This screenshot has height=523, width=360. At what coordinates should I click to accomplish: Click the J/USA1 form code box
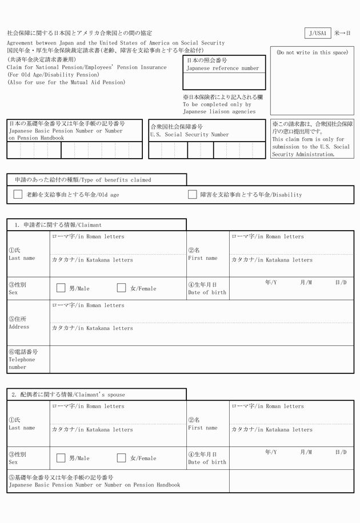(318, 33)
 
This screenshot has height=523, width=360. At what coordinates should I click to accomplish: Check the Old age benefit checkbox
(18, 194)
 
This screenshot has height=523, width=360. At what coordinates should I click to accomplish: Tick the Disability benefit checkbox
(193, 194)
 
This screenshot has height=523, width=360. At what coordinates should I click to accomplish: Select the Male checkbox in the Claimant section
(61, 288)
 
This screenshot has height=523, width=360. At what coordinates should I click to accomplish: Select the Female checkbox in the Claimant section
(121, 288)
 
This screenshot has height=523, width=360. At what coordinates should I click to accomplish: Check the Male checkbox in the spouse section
(61, 457)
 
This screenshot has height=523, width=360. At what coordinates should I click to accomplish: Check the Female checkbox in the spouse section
(121, 457)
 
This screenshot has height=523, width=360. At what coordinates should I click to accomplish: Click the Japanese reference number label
(223, 69)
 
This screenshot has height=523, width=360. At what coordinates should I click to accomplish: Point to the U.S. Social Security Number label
(189, 135)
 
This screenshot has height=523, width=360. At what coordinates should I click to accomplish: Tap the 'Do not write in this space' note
(312, 53)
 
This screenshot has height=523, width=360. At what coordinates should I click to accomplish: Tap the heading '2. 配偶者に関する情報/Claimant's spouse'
(68, 395)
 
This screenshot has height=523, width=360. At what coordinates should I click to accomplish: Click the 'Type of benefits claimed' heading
(83, 180)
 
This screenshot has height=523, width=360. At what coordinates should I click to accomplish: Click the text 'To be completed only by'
(217, 104)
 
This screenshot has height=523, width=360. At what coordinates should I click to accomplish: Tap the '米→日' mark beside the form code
(342, 33)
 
